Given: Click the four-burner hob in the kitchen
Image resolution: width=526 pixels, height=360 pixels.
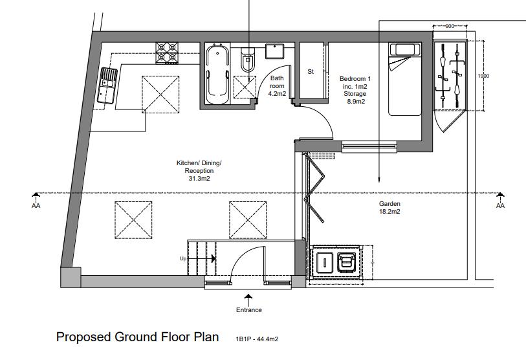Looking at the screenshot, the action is coord(167,53).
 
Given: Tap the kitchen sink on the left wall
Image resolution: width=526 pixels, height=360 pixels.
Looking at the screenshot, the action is coord(107,85).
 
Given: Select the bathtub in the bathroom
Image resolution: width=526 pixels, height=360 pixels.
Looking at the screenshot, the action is coord(218,74).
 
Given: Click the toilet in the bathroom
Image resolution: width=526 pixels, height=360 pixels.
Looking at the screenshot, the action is coord(248,59).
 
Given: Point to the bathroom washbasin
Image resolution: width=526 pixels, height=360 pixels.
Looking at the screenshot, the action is coord(275,51).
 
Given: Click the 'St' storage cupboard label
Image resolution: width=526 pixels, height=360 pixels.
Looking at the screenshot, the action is coord(311,71).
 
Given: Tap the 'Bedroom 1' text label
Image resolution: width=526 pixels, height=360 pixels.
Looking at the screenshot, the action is coord(355,79).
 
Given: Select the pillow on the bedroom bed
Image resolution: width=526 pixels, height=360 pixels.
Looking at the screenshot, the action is coord(404,49).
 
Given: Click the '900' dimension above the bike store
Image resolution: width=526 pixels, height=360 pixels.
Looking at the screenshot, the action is coord(450,26).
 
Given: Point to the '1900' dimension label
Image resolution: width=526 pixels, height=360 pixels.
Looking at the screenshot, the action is coord(483,76).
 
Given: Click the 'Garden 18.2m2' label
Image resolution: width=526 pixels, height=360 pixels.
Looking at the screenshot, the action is coord(389,208).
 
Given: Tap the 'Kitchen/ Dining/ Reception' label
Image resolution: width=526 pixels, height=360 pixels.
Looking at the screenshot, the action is coord(199,170).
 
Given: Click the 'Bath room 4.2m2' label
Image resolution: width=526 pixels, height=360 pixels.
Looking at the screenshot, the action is coord(277,86).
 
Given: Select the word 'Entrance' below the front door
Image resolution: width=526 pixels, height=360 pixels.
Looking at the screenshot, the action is coord(249,310).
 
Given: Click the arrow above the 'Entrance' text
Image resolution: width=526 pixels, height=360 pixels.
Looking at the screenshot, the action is coord(248,300).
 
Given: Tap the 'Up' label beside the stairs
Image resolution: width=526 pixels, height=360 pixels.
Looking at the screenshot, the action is coord(183,259).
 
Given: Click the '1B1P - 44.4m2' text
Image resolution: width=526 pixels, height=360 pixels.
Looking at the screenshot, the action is coord(257,339).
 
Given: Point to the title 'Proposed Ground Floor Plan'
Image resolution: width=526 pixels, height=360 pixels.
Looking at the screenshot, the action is coord(138,337).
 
